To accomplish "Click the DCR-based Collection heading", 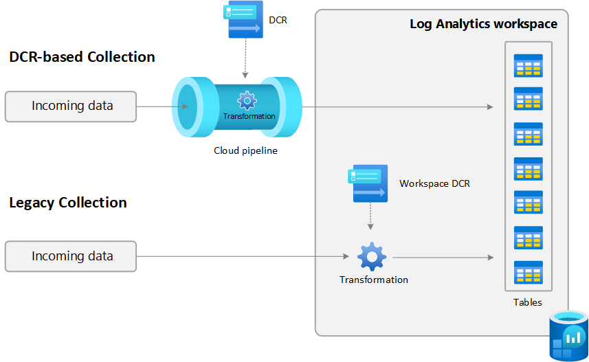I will point(82,57).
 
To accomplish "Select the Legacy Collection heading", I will point(68,203).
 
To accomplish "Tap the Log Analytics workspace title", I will point(483,24).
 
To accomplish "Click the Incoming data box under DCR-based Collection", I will point(71,106).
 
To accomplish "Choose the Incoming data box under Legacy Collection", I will point(71,256).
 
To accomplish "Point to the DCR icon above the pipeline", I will point(243,19).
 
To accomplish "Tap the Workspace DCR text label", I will point(434,184).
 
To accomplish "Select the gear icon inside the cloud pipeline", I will point(247,100).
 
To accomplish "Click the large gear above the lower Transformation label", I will point(372,256).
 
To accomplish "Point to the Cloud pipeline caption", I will point(245,150).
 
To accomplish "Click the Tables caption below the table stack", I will point(528,302).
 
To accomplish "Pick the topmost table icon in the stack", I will point(529,65).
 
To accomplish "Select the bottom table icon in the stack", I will point(529,272).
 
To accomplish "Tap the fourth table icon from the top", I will point(529,169).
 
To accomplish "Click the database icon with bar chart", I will point(568,336).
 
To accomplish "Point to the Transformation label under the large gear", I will point(373,280).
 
